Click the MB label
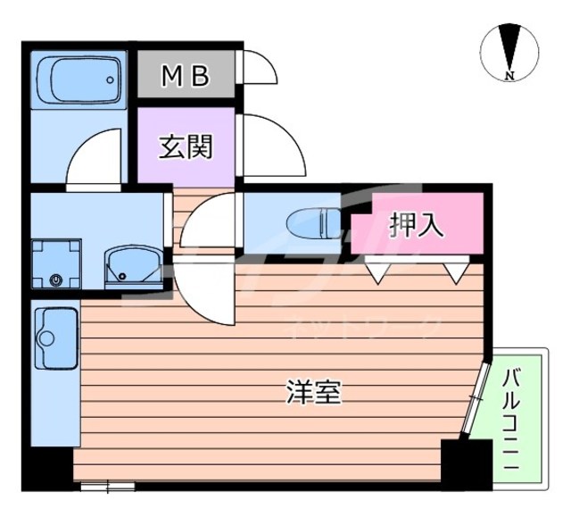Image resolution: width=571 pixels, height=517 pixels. [x=185, y=77]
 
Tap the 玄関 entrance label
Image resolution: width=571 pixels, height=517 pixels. [x=186, y=146]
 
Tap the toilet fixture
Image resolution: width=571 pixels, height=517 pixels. [x=313, y=220]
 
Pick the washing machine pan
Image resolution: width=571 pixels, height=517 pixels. [x=56, y=265]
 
